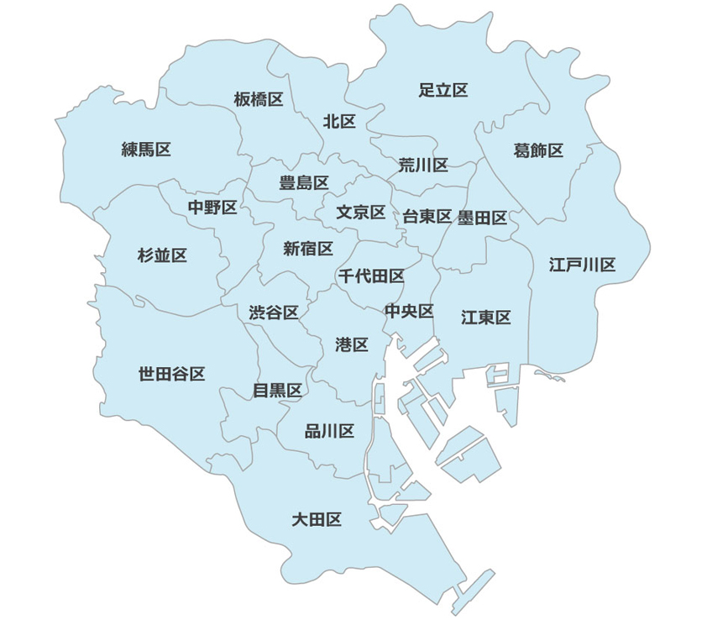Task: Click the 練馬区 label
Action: pos(146,150)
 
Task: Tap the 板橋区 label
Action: pos(259,100)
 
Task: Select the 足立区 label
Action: pos(443,90)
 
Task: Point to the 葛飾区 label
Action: pos(538,150)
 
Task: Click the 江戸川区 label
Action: pos(583,265)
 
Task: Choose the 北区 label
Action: pos(340,122)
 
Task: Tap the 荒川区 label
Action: pos(423,165)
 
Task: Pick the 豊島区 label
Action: pos(304,182)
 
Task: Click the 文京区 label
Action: pos(361,213)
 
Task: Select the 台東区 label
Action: pos(427,217)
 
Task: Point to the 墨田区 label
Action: pos(483,218)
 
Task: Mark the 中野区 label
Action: pos(212,207)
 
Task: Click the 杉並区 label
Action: pos(162,255)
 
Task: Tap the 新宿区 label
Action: pos(308,248)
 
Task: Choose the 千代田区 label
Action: pos(371,276)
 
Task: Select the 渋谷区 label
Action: pos(274,313)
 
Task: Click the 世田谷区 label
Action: pos(172,374)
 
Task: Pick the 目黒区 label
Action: pos(277,390)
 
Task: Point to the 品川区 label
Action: pos(329,432)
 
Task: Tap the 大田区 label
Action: pos(317,519)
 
